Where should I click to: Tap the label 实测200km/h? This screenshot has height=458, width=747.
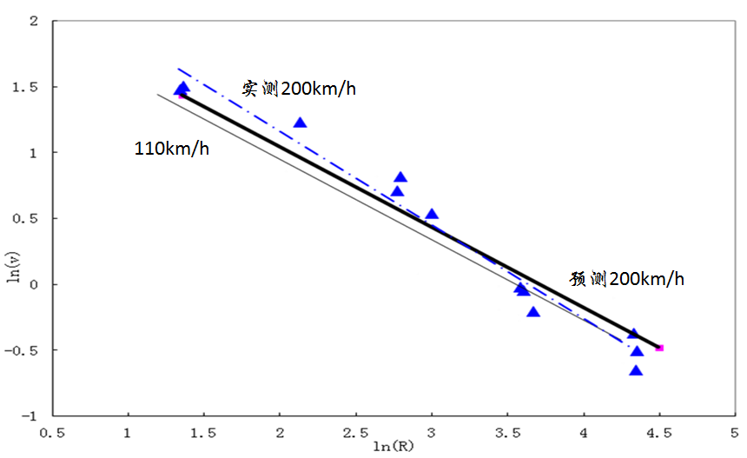(299, 89)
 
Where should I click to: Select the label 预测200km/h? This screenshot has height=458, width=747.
(627, 279)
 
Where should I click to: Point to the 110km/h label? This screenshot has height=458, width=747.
(171, 148)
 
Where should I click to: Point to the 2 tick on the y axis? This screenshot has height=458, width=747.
(34, 21)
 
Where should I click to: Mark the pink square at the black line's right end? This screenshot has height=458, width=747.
(659, 348)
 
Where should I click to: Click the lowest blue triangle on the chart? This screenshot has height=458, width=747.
(636, 371)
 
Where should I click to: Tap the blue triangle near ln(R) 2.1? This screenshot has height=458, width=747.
(300, 123)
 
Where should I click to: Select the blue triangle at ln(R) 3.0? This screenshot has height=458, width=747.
(432, 215)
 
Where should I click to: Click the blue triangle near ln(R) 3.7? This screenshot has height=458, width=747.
(533, 312)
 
